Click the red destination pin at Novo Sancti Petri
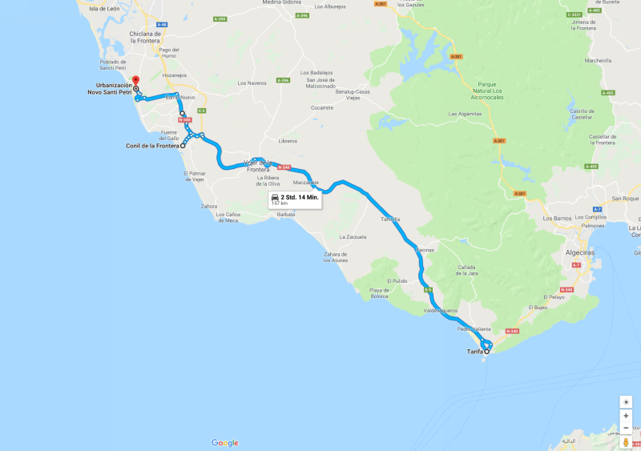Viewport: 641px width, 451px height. tap(135, 80)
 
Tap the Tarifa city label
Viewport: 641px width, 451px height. tap(475, 351)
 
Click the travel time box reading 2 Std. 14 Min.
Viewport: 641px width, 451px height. tap(294, 199)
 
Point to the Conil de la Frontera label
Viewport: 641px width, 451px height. tap(152, 146)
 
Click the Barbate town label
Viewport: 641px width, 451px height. tap(285, 214)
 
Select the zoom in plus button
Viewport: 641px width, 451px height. tap(626, 416)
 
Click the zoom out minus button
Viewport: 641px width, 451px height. tap(626, 428)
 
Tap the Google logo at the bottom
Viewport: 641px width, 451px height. tap(225, 443)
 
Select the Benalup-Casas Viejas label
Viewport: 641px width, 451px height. tap(353, 94)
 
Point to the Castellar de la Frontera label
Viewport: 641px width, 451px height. tap(602, 139)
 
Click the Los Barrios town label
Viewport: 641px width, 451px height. tap(557, 218)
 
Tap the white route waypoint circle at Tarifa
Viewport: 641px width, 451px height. tap(487, 351)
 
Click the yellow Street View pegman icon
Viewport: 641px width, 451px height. tap(626, 441)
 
